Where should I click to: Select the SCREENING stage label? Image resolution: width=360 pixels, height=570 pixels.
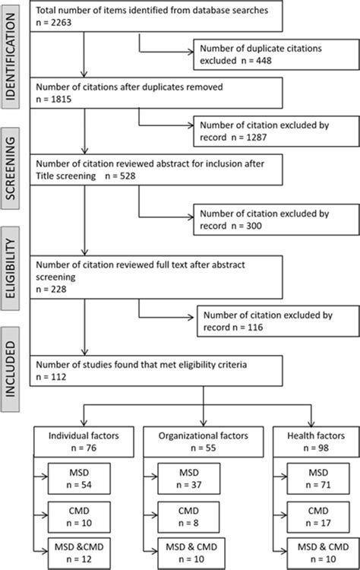(11, 168)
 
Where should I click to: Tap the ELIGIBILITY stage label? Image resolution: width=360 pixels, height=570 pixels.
(11, 268)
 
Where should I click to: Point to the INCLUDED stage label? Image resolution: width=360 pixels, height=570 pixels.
(11, 369)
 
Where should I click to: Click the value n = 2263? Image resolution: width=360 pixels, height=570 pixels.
(54, 23)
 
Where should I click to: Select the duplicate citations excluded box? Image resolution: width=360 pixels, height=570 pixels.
(276, 55)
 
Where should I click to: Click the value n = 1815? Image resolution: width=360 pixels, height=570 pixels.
(54, 100)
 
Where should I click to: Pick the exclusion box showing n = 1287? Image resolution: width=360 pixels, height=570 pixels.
(276, 131)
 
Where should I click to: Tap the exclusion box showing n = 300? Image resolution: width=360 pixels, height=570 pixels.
(276, 220)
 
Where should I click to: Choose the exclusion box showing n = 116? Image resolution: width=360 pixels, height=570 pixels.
(278, 321)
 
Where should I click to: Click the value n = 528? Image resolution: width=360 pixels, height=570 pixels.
(120, 176)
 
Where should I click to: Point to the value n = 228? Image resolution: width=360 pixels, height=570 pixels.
(51, 290)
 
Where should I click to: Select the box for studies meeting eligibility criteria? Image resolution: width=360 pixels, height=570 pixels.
(156, 371)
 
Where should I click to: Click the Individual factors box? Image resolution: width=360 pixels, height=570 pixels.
(84, 442)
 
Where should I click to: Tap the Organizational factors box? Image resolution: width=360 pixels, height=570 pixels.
(204, 442)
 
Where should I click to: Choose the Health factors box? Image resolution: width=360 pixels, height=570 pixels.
(316, 442)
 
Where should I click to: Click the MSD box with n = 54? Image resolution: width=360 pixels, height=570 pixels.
(79, 478)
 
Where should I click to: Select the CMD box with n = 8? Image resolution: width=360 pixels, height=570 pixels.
(188, 517)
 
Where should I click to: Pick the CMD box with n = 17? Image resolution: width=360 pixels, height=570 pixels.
(318, 517)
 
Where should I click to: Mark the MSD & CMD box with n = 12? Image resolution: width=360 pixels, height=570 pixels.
(79, 553)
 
